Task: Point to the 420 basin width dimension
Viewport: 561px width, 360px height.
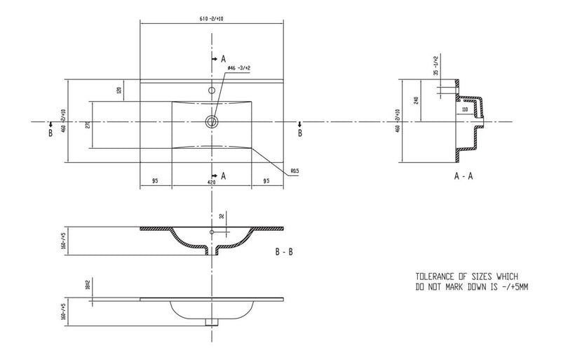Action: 210,181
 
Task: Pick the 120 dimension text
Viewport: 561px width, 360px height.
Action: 120,90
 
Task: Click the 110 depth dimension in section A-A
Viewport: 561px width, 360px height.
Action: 464,111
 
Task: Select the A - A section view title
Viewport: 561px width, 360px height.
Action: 464,176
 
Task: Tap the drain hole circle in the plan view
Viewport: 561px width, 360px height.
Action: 210,122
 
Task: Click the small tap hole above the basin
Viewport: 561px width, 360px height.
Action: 210,91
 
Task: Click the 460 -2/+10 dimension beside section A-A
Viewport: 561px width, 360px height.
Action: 397,120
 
